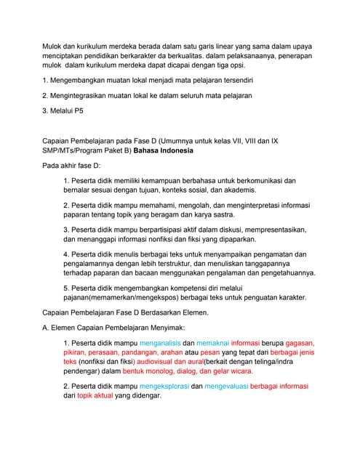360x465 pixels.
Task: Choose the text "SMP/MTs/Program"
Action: coord(75,150)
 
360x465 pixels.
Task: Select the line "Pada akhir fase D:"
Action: coord(74,166)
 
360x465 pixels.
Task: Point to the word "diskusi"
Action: coord(231,230)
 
